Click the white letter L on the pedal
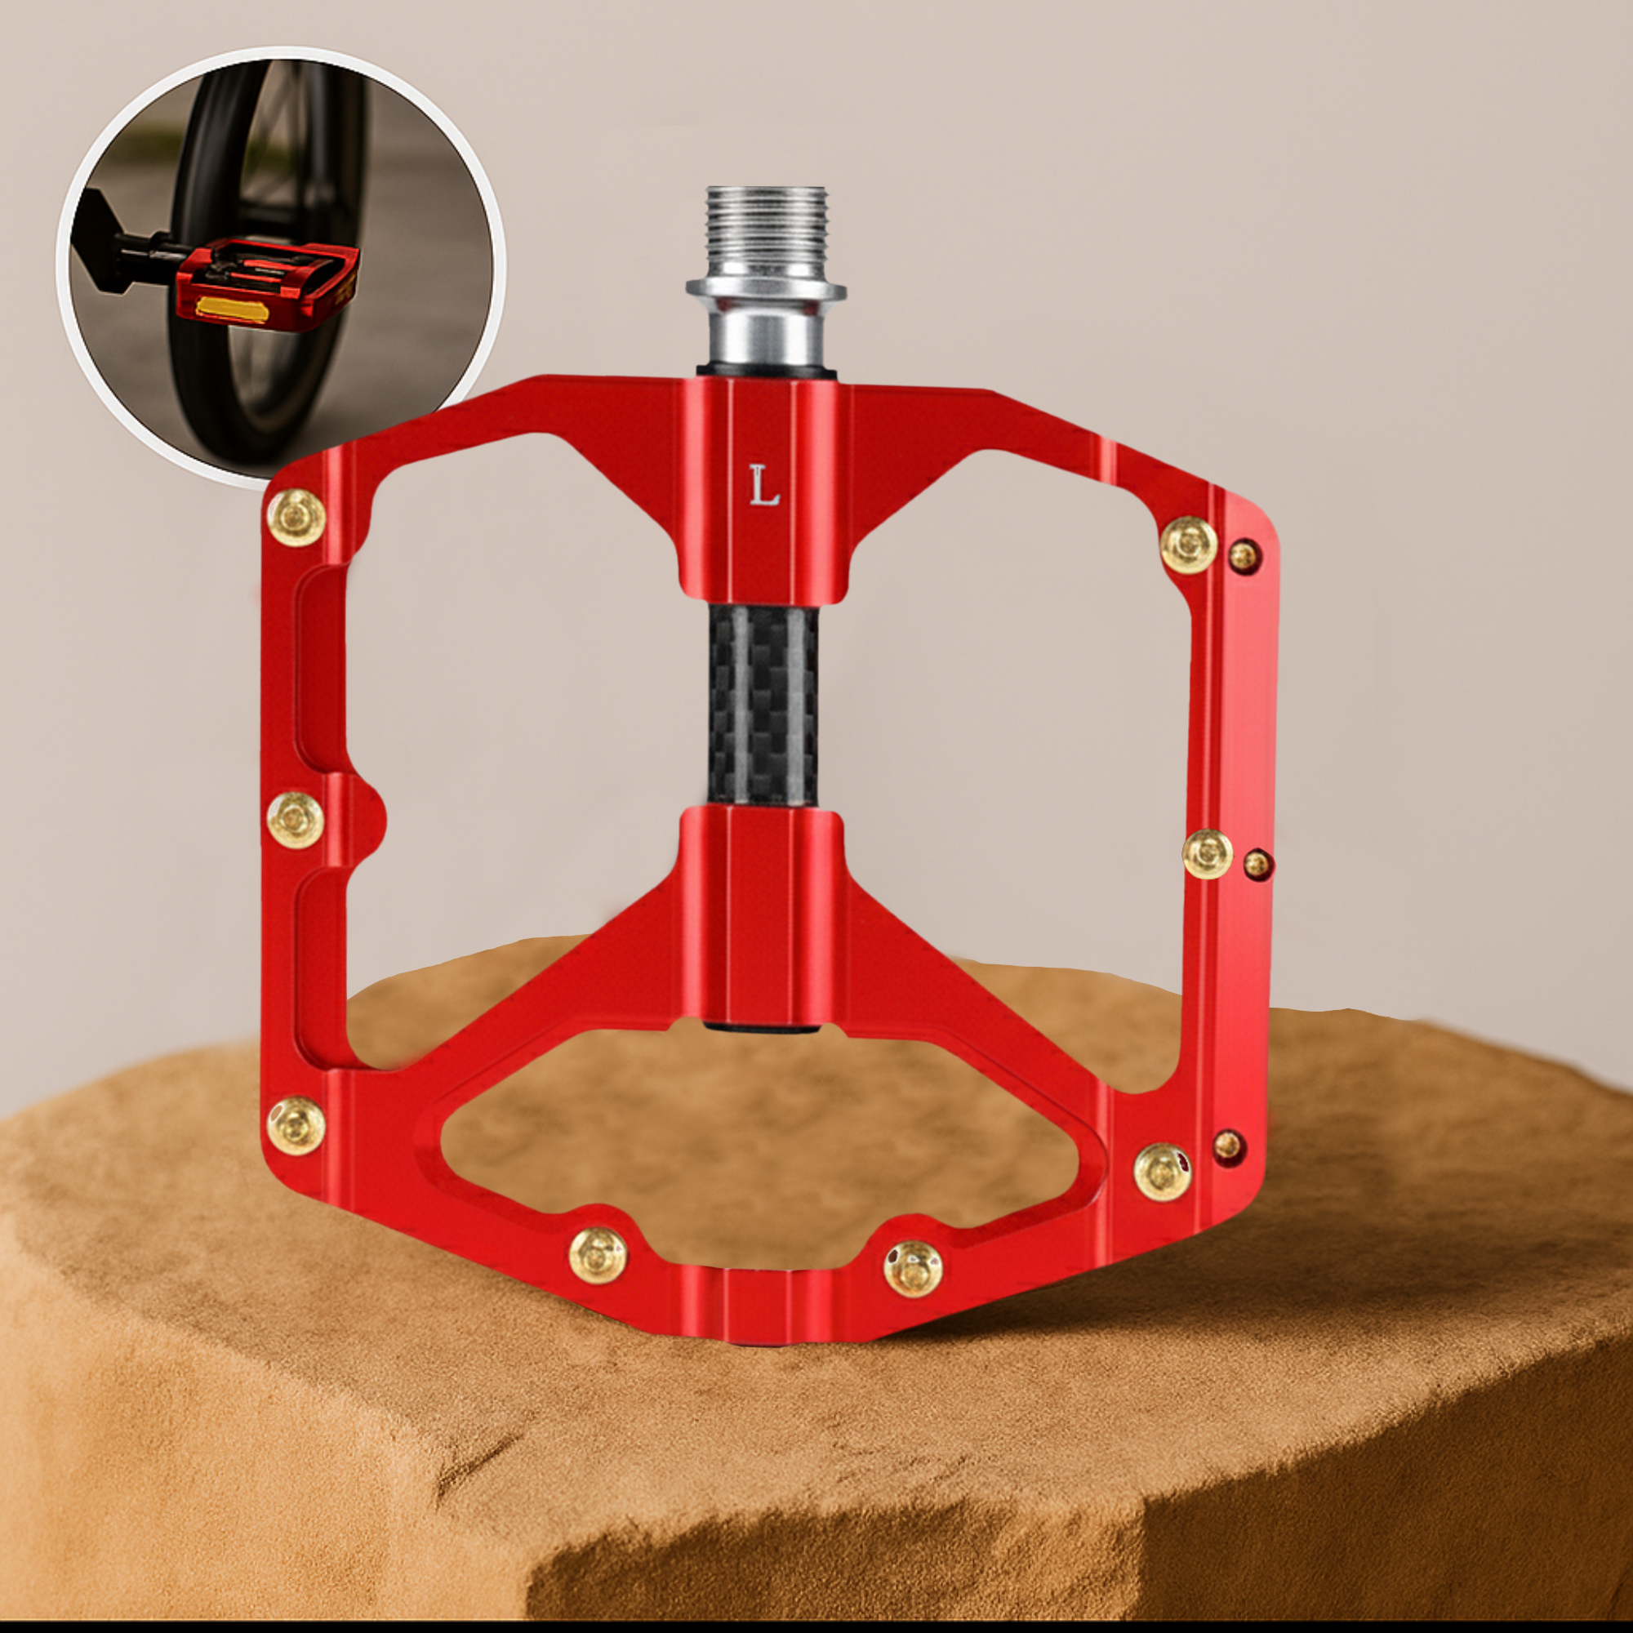(x=763, y=487)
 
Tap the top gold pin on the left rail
(x=296, y=517)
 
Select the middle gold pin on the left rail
(x=296, y=820)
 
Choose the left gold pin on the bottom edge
(x=598, y=1255)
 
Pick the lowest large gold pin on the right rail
(x=1162, y=1170)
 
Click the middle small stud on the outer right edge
(x=1257, y=862)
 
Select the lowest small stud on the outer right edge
(x=1228, y=1146)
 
